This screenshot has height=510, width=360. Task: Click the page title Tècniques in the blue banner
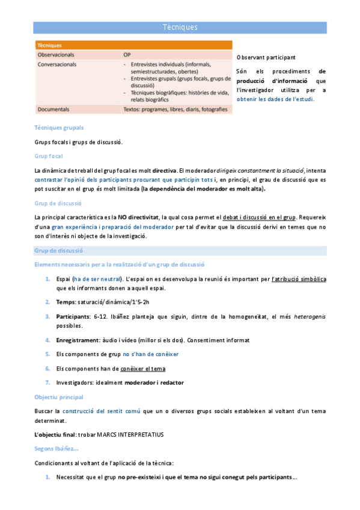(x=180, y=27)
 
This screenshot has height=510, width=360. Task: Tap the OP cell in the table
(x=127, y=54)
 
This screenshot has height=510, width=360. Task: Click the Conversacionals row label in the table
(x=58, y=63)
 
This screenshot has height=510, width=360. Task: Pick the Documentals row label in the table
(x=53, y=109)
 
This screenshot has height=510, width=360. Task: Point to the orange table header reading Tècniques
(x=49, y=45)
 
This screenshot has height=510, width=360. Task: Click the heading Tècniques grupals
(x=59, y=127)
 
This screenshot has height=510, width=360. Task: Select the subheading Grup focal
(x=49, y=156)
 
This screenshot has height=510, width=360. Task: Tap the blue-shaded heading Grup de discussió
(x=59, y=250)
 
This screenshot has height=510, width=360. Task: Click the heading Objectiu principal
(x=59, y=397)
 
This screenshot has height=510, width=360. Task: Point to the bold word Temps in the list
(x=66, y=301)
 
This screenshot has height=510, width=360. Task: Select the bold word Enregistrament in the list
(x=79, y=340)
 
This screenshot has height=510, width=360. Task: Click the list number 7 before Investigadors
(x=47, y=382)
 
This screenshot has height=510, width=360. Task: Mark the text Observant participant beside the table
(x=266, y=57)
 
